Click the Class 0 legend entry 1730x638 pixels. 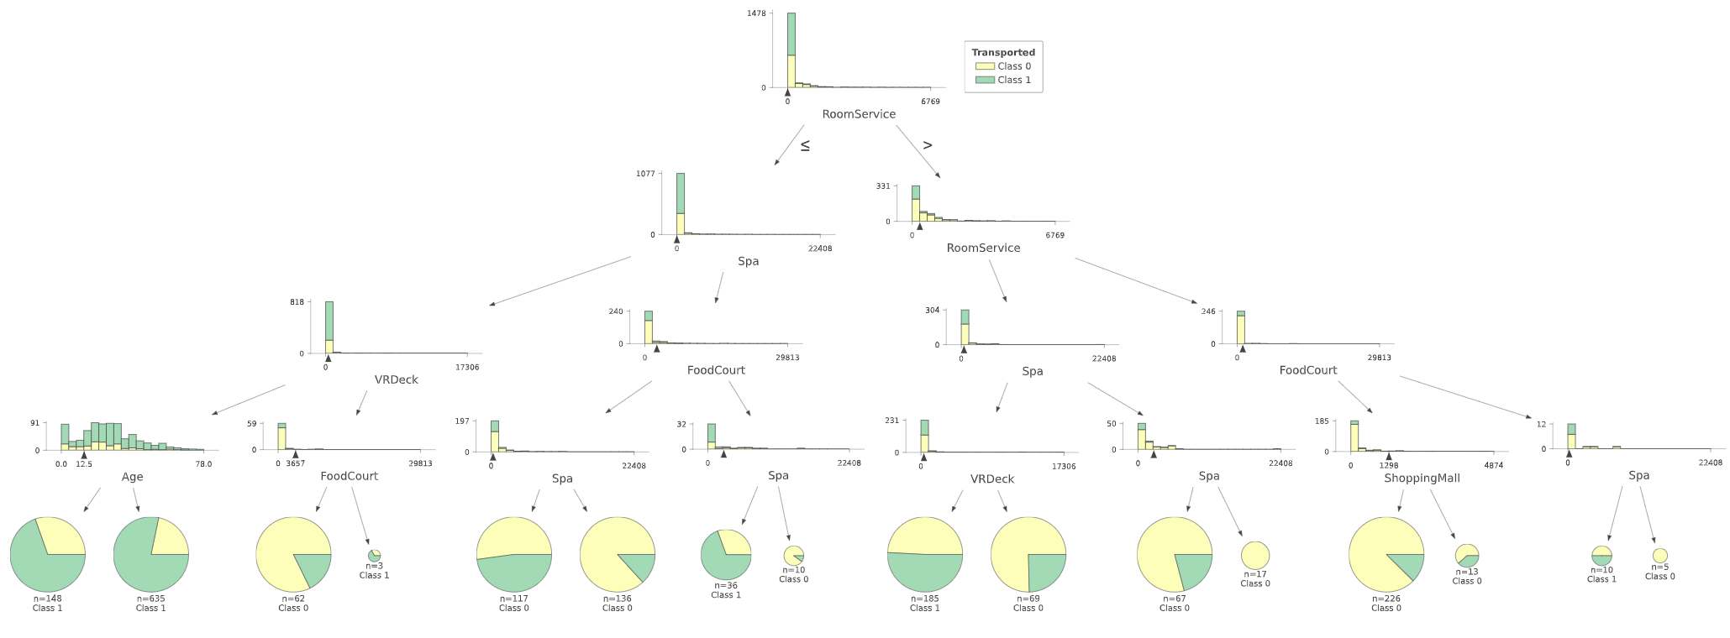pyautogui.click(x=1013, y=66)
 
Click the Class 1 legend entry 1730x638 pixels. pyautogui.click(x=1013, y=80)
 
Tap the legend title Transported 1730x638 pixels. pyautogui.click(x=1003, y=52)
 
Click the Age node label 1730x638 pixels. pyautogui.click(x=132, y=477)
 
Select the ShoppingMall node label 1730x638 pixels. pyautogui.click(x=1422, y=478)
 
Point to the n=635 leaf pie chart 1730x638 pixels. pyautogui.click(x=151, y=554)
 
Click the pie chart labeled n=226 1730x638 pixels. pyautogui.click(x=1386, y=554)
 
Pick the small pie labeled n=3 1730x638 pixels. pyautogui.click(x=374, y=555)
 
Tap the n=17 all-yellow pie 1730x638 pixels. pyautogui.click(x=1255, y=555)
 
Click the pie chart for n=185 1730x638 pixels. pyautogui.click(x=925, y=554)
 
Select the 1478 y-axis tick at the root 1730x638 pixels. pyautogui.click(x=756, y=13)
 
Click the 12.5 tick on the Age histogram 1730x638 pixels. pyautogui.click(x=84, y=463)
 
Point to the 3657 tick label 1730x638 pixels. pyautogui.click(x=296, y=463)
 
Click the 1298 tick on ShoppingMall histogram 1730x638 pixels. pyautogui.click(x=1389, y=465)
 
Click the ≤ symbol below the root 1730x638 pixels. pyautogui.click(x=805, y=145)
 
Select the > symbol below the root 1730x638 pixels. pyautogui.click(x=928, y=145)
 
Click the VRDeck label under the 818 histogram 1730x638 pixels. pyautogui.click(x=396, y=379)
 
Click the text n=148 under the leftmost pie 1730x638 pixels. pyautogui.click(x=47, y=599)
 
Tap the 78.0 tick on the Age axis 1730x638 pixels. pyautogui.click(x=203, y=463)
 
